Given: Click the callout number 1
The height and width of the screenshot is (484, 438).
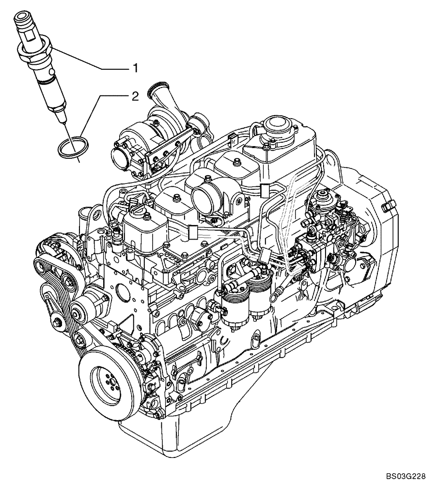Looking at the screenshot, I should pyautogui.click(x=136, y=69).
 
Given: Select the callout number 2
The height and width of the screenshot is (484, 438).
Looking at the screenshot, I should pyautogui.click(x=136, y=96).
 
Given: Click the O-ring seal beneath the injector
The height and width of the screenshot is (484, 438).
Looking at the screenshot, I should pyautogui.click(x=69, y=147).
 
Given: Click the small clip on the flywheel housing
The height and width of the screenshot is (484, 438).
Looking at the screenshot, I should pyautogui.click(x=386, y=208).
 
